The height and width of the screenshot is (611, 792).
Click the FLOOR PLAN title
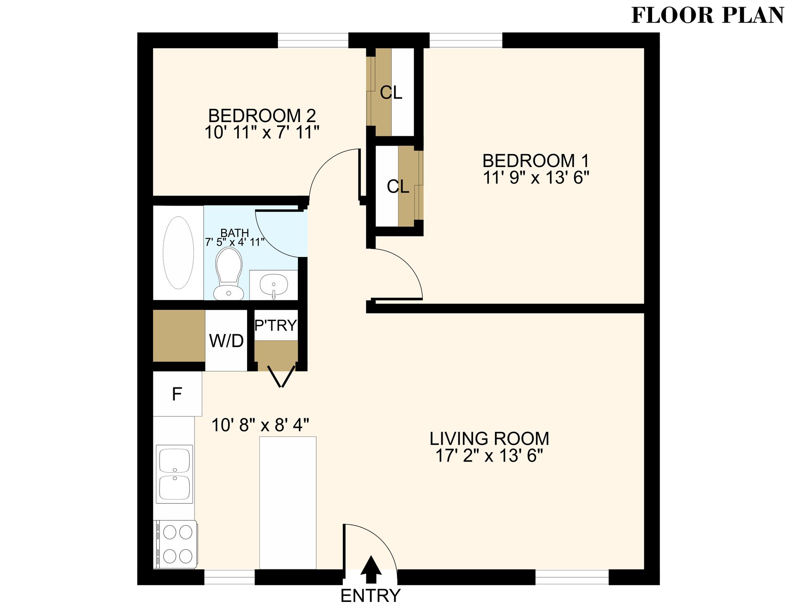pos(707,16)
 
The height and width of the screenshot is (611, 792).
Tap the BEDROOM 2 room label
pos(262,116)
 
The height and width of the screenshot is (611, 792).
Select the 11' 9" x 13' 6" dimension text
pos(536,178)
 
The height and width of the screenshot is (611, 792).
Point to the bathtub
pos(178,252)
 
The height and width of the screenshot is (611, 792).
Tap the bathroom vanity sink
pos(273,285)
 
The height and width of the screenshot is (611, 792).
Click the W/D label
pos(226,341)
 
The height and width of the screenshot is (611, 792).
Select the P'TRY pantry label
pos(276,326)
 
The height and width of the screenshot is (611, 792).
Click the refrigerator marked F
pos(177,394)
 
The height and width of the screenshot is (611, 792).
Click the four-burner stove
pos(177,544)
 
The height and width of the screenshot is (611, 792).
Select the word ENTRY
pos(370,596)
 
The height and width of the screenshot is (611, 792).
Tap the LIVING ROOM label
pos(489,439)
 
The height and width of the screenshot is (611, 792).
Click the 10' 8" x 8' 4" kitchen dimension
pos(260,425)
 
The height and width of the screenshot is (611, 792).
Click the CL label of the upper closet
pos(391,92)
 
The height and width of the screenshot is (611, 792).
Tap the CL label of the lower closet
pos(398,186)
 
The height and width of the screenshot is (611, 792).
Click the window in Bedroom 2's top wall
pos(313,40)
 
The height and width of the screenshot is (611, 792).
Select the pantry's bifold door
pos(282,376)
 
